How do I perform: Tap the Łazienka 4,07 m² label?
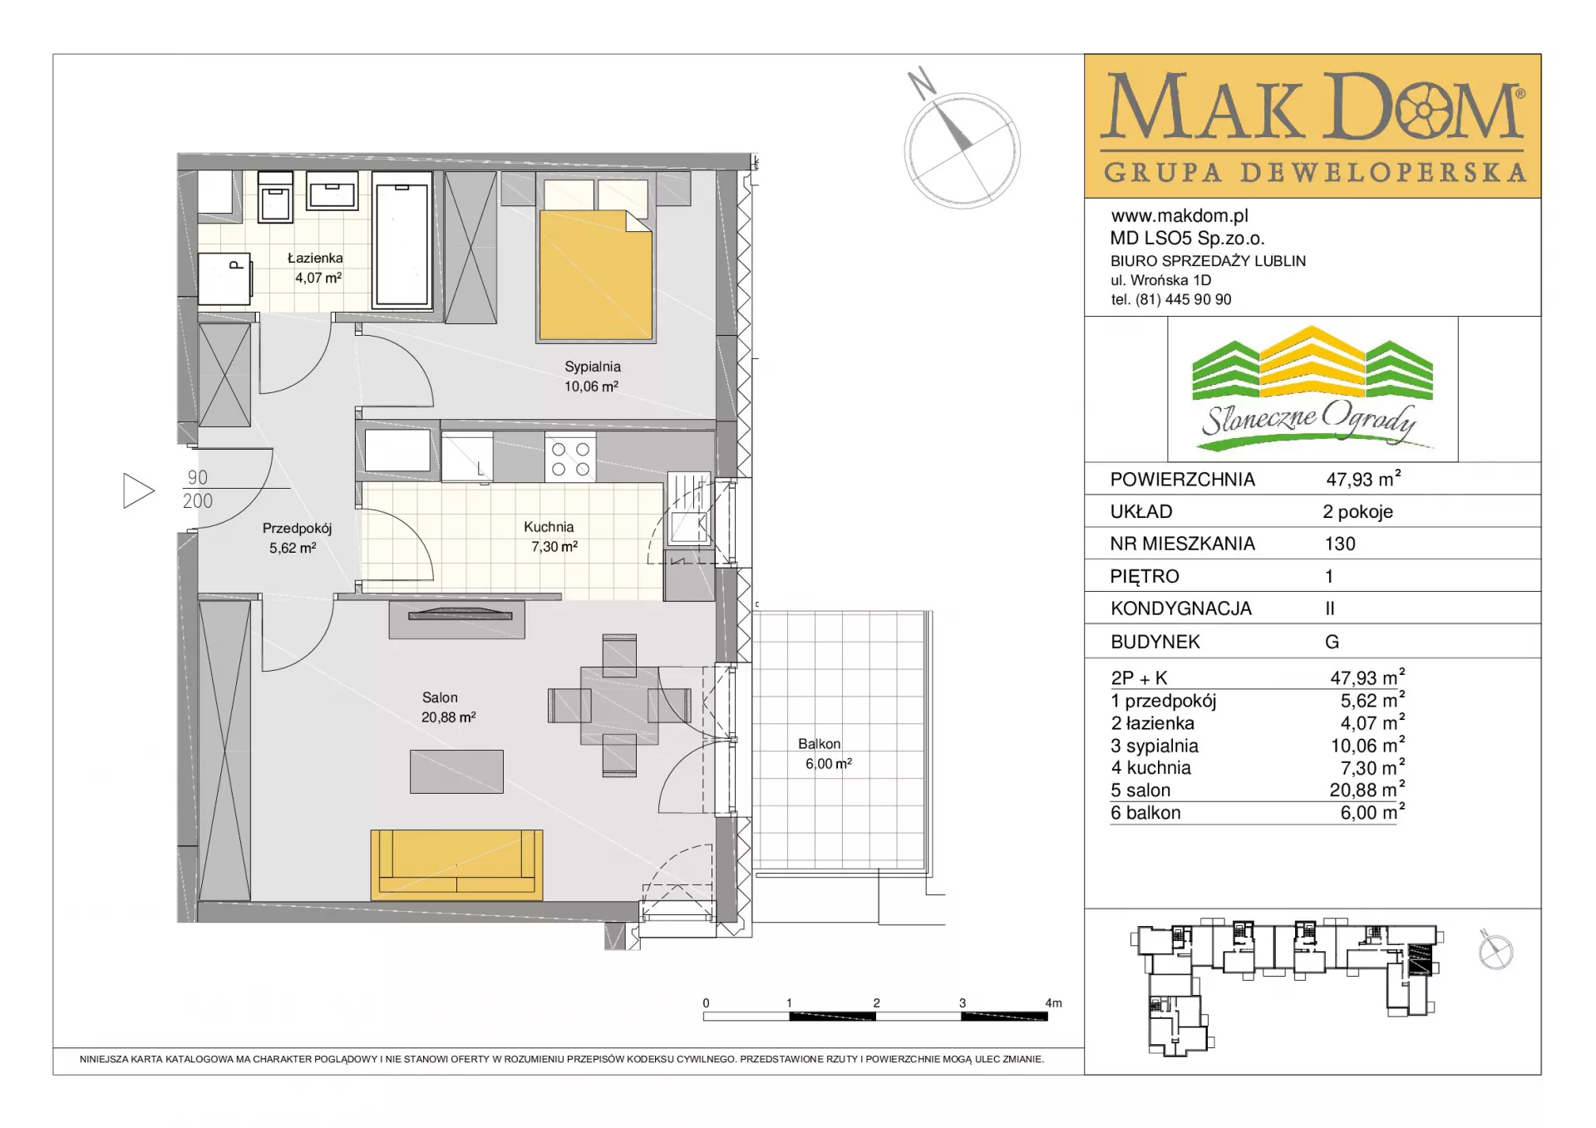click(x=316, y=268)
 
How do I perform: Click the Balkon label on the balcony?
click(x=820, y=744)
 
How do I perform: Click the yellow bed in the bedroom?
click(x=595, y=275)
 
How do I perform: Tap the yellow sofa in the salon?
click(x=456, y=864)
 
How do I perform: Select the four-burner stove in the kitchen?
click(x=570, y=459)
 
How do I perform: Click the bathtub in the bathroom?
click(x=402, y=241)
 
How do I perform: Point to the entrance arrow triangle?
click(x=138, y=490)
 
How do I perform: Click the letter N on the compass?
click(x=921, y=82)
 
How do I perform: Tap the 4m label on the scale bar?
click(x=1053, y=1003)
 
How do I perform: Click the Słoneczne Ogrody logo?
click(x=1312, y=389)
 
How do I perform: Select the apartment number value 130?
click(x=1340, y=544)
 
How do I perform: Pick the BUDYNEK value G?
click(x=1332, y=642)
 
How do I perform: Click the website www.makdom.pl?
click(x=1180, y=216)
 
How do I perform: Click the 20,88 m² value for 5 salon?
click(x=1367, y=789)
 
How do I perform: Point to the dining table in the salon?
click(x=619, y=706)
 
